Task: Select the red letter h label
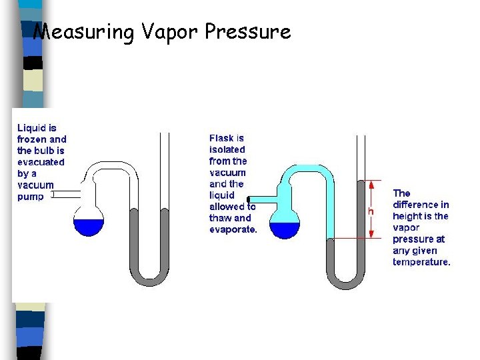tap(371, 211)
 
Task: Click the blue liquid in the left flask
tap(88, 227)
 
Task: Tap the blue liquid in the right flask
tap(285, 230)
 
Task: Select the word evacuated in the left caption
tap(41, 162)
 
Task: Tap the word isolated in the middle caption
tap(227, 150)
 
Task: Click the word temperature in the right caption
tap(421, 261)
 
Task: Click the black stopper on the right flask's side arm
tap(248, 199)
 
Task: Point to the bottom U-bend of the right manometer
tap(347, 283)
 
